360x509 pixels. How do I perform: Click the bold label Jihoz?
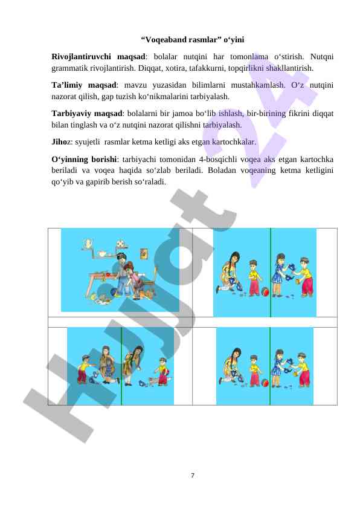click(61, 142)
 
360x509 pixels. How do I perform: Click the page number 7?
click(193, 476)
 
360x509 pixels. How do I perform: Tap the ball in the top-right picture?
click(265, 291)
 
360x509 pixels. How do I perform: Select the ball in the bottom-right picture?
click(265, 383)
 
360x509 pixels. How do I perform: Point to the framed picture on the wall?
click(144, 253)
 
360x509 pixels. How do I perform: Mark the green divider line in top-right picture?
click(271, 273)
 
